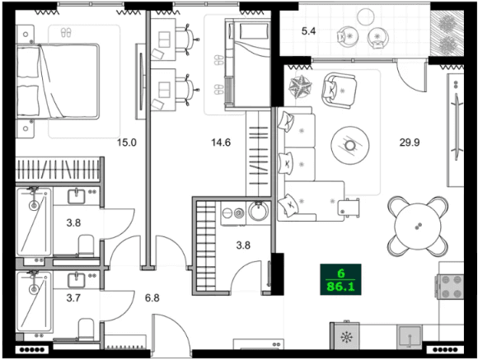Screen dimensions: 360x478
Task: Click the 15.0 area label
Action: [125, 143]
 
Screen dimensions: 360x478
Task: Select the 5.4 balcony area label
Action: [308, 32]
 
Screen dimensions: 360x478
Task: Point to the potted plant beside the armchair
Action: [298, 85]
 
